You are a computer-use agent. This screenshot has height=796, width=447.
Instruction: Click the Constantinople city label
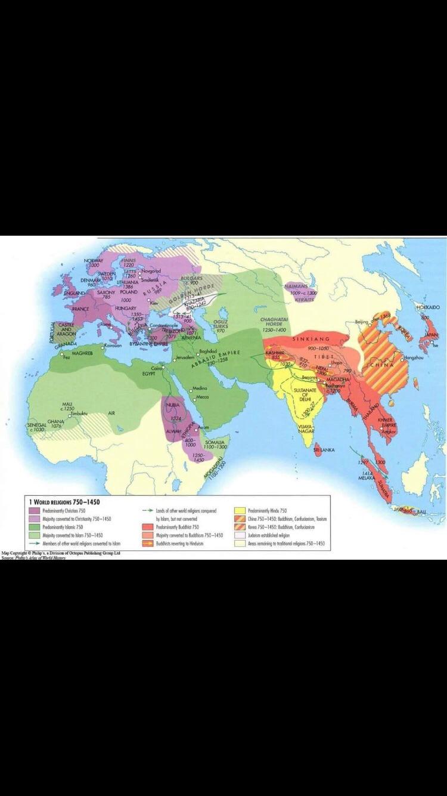(163, 325)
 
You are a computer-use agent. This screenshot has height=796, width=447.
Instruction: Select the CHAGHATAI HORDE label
(274, 324)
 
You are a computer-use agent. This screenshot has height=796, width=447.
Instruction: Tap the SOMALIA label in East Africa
(215, 442)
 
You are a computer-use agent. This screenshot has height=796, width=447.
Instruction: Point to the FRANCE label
(80, 309)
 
